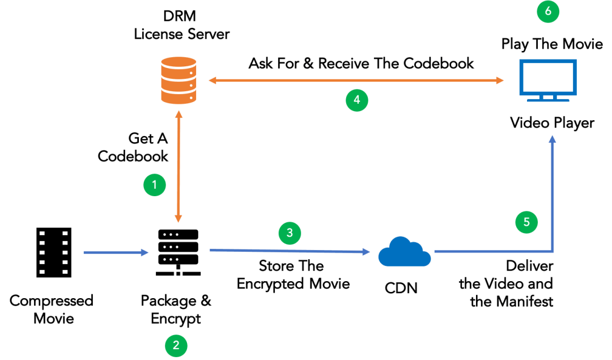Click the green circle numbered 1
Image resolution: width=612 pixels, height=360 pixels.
(x=154, y=185)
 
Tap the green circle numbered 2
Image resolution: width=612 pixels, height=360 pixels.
(x=176, y=345)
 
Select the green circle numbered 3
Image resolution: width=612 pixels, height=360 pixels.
(x=290, y=232)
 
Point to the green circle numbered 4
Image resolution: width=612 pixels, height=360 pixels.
(x=356, y=100)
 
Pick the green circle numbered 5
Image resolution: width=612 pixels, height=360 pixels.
(x=526, y=222)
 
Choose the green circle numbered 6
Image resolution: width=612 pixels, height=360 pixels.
(x=548, y=11)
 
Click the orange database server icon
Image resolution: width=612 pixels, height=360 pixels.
(x=178, y=81)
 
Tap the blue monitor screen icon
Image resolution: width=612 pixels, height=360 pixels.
(x=548, y=77)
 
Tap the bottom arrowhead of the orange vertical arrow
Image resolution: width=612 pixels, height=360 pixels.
(x=179, y=218)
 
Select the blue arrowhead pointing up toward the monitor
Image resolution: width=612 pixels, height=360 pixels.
(x=552, y=139)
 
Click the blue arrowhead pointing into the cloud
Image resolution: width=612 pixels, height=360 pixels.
(x=367, y=252)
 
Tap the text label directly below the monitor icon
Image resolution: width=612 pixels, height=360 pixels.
(x=551, y=124)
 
